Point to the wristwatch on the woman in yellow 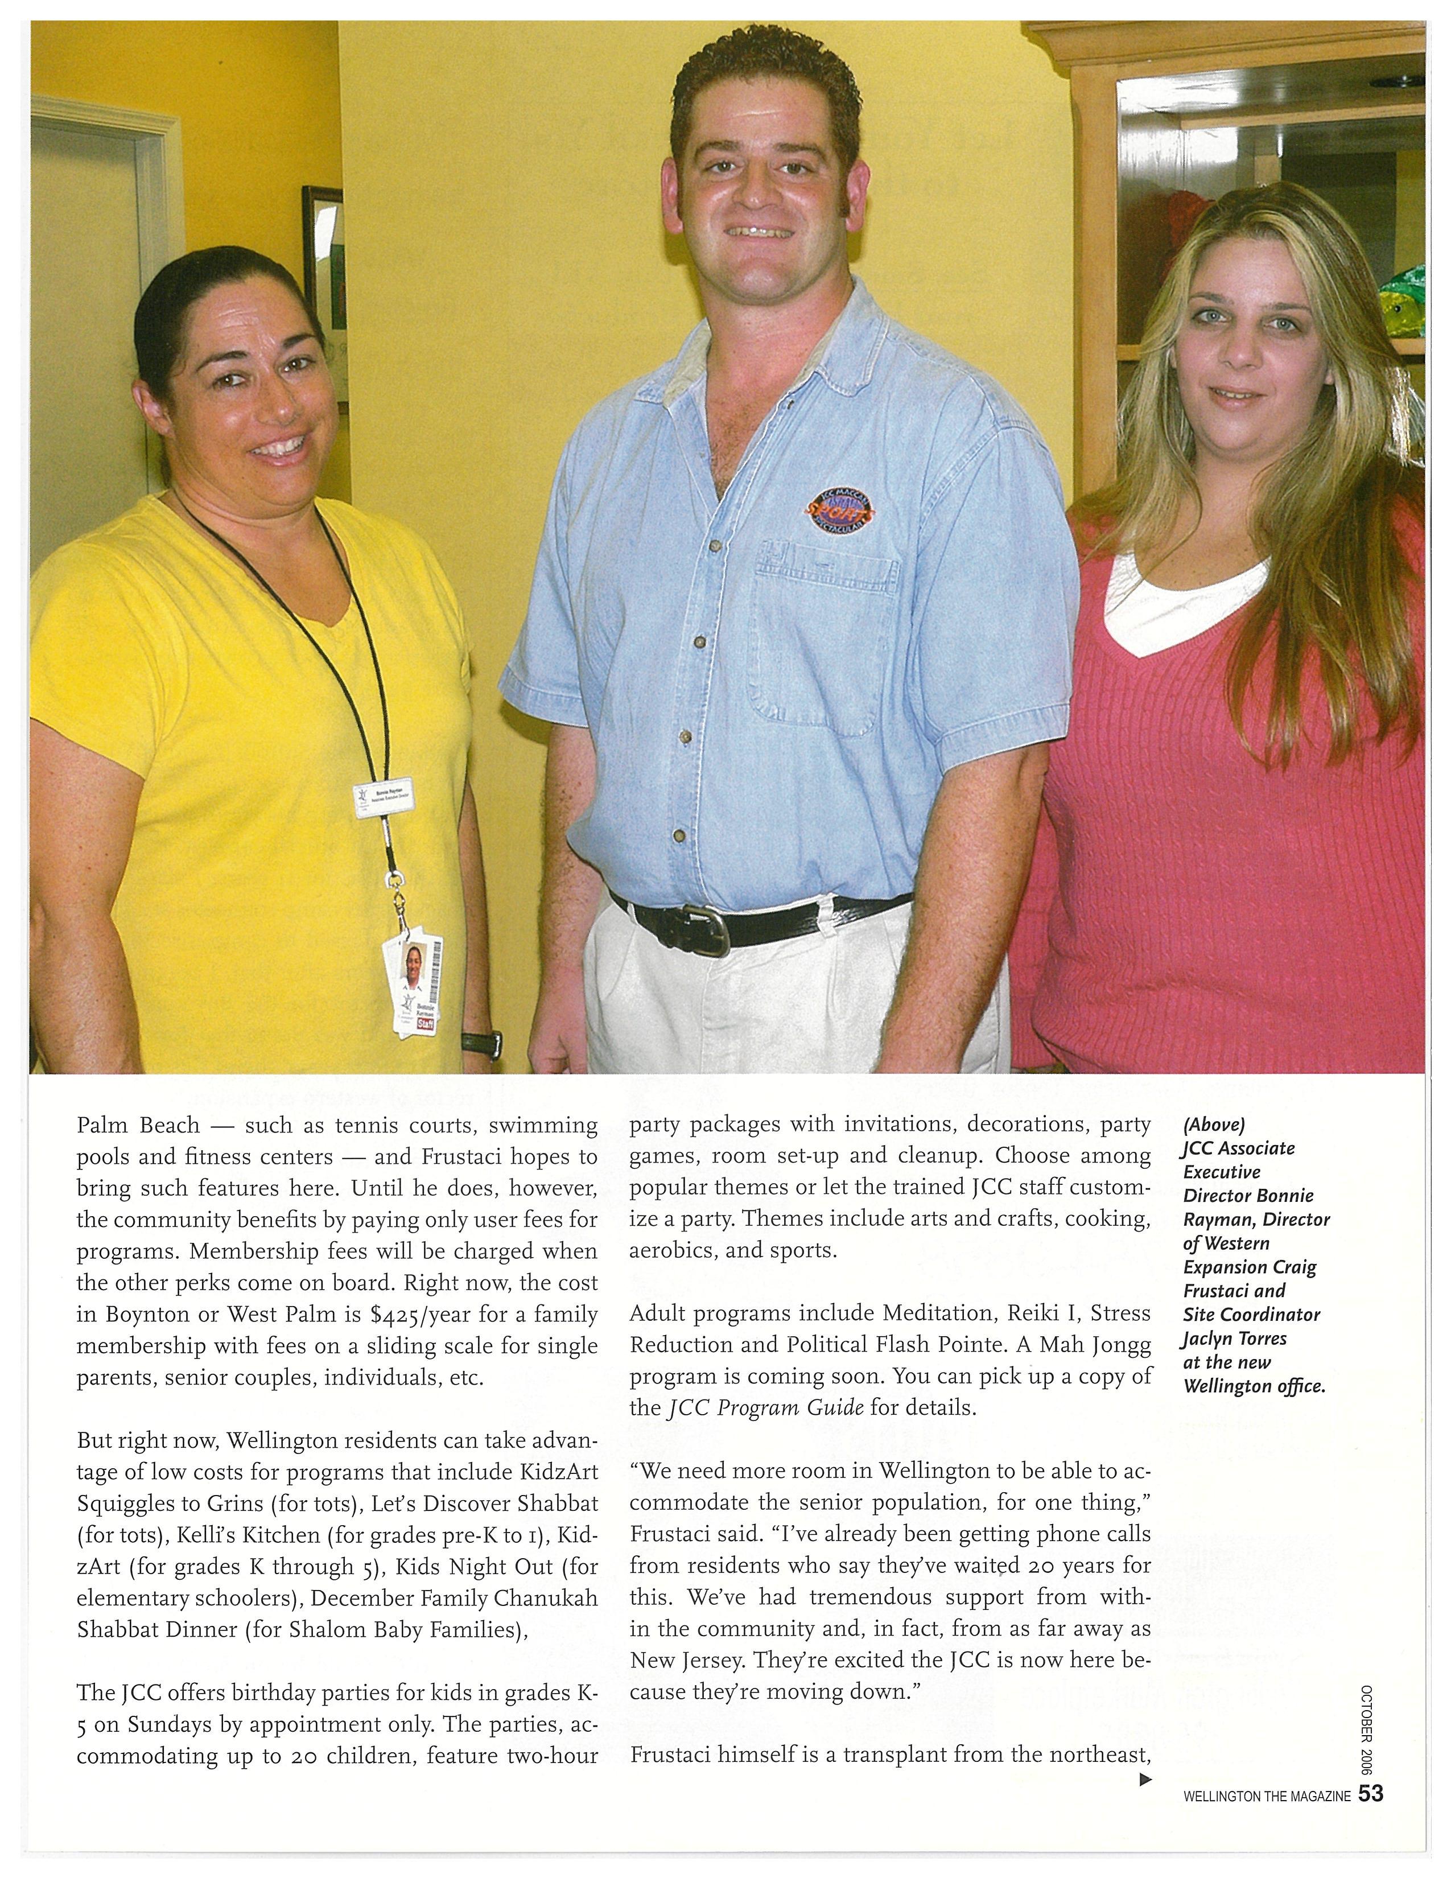[482, 1042]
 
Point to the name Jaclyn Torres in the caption [1234, 1339]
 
